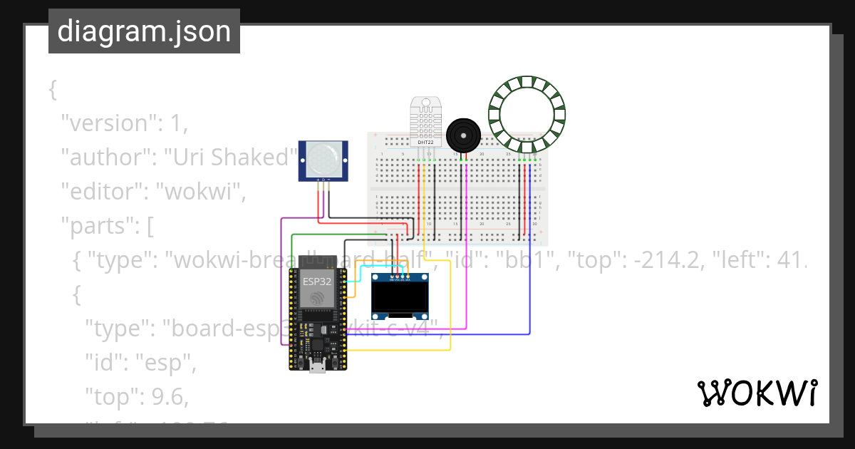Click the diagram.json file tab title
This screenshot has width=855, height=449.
[x=144, y=31]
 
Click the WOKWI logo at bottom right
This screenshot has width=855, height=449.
[x=756, y=393]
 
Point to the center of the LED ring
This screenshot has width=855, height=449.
[x=527, y=114]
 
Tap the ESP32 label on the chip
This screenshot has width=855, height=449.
[x=317, y=281]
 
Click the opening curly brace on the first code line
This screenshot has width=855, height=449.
[x=52, y=89]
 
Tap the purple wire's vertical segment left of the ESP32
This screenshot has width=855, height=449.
[x=282, y=285]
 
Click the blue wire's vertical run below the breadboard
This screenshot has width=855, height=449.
[x=530, y=285]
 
